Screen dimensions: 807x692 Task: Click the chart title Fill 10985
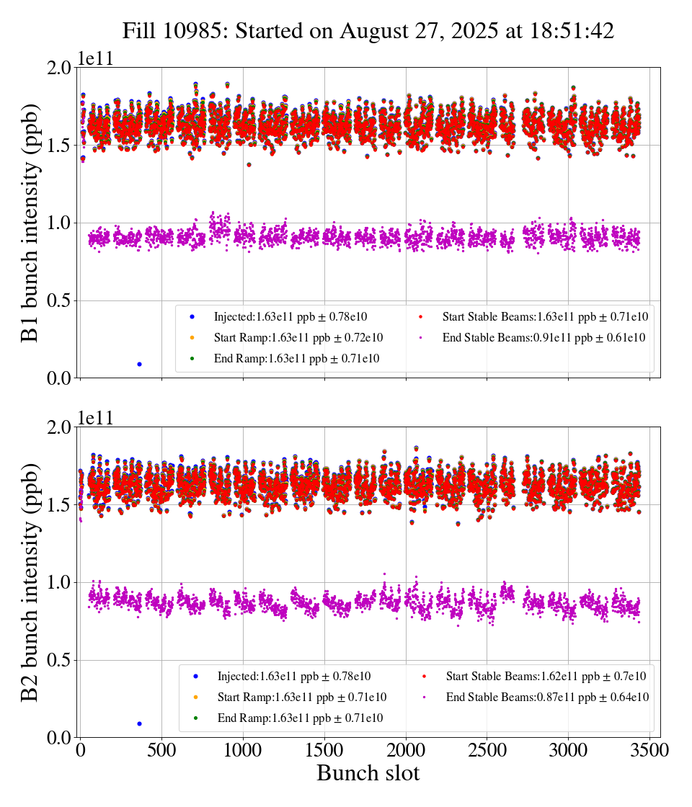pyautogui.click(x=368, y=31)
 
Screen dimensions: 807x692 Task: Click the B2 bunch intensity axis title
pyautogui.click(x=31, y=582)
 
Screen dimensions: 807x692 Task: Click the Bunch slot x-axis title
pyautogui.click(x=368, y=773)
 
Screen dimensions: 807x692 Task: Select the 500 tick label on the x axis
pyautogui.click(x=161, y=750)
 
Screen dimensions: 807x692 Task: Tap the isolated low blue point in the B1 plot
pyautogui.click(x=139, y=364)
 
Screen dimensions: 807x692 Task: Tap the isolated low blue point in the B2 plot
pyautogui.click(x=139, y=723)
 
